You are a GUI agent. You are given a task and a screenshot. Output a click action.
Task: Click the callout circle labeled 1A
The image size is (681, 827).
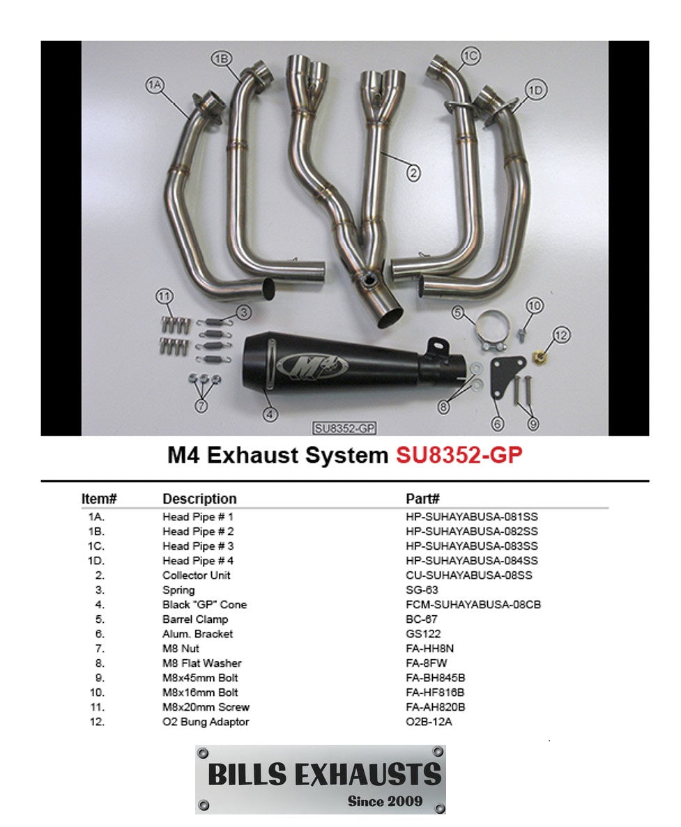point(154,85)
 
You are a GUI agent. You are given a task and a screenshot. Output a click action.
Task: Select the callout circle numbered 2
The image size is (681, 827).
point(413,173)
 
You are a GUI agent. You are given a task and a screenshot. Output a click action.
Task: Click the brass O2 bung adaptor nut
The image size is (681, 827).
point(539,357)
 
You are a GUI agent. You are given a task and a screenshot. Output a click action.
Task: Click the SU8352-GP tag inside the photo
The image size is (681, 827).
point(346,428)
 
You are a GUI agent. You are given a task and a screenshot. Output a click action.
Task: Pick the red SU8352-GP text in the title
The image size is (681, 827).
point(459,455)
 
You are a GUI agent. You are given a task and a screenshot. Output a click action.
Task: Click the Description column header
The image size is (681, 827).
point(199,499)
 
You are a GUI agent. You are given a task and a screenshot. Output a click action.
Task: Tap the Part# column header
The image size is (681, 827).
point(422,499)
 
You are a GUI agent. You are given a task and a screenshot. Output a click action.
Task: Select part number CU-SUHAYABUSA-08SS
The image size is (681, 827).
point(464,575)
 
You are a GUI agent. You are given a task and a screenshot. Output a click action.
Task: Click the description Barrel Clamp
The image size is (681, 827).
point(195,619)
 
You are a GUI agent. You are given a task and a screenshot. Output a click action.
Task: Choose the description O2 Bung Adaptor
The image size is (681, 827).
point(206,722)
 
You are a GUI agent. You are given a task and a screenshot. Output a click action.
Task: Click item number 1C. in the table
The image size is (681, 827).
point(96,546)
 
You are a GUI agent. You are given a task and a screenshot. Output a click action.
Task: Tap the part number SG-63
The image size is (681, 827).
point(422,590)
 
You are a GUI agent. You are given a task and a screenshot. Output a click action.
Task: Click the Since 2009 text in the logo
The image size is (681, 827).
point(385,801)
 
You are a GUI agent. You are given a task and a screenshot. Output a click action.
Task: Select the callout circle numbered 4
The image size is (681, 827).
point(270,415)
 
